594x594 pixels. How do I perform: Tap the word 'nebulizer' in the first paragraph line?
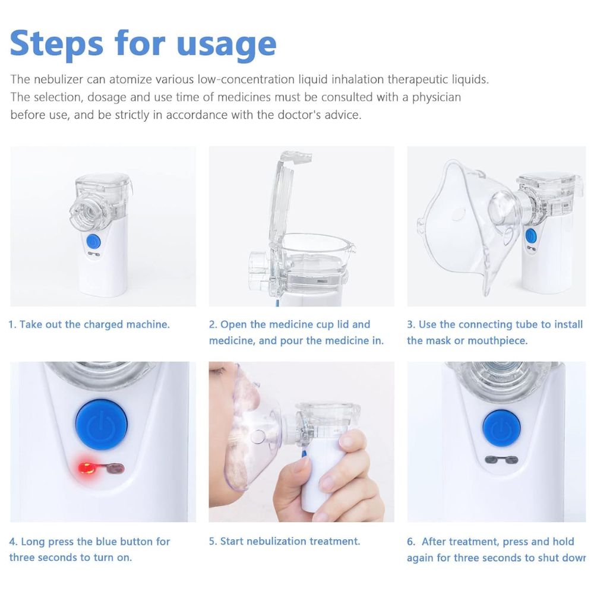click(x=58, y=79)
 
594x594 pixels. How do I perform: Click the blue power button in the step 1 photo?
click(x=93, y=241)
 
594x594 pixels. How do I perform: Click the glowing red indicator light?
click(x=87, y=468)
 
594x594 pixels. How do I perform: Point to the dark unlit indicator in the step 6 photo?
click(x=501, y=460)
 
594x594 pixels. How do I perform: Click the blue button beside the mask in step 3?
click(x=530, y=236)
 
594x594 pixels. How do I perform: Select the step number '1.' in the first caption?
click(x=12, y=325)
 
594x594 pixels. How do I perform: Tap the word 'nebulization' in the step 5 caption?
click(x=277, y=541)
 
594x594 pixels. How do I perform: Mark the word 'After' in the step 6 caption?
click(x=435, y=541)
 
